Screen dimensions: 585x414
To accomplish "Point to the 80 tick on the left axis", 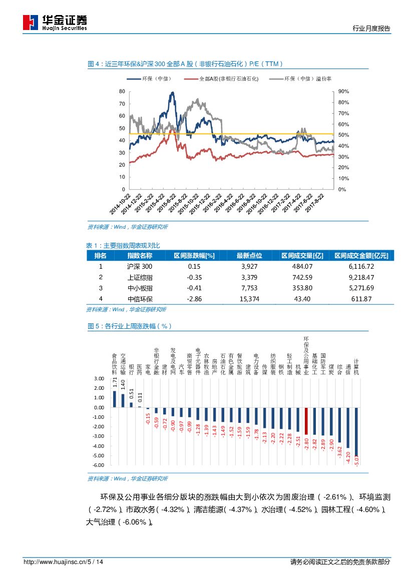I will tap(122, 92).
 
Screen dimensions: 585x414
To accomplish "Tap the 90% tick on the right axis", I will tap(343, 92).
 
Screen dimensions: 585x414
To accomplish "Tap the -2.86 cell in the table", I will tap(194, 299).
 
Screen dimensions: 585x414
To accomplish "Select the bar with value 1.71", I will tap(115, 399).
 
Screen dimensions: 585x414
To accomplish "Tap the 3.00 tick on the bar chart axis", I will tap(99, 378).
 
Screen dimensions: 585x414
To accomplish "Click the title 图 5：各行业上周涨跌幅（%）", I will tap(129, 326).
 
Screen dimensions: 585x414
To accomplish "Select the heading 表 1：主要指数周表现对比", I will tap(123, 245).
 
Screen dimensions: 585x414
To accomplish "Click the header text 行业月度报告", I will tap(371, 29).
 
